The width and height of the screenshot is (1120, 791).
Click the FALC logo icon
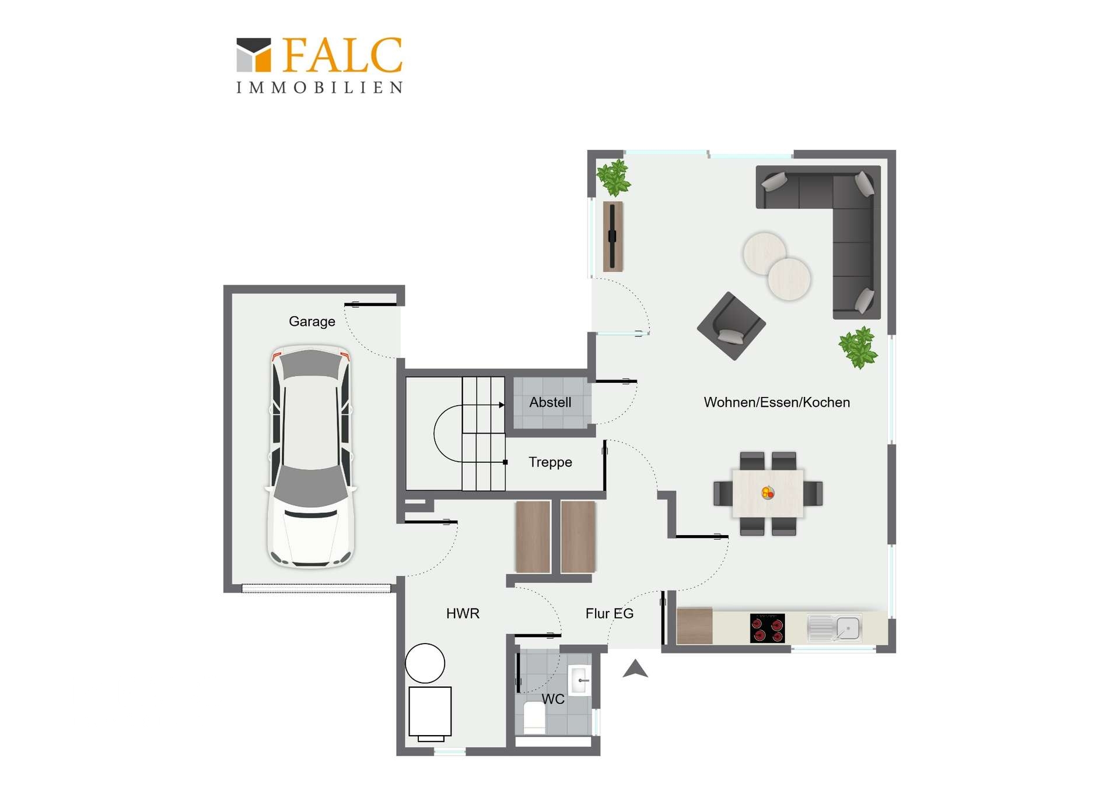pos(254,55)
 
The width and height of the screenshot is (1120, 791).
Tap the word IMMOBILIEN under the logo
pos(320,87)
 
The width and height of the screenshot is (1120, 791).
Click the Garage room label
pos(312,321)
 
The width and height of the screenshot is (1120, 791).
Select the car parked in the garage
pos(311,456)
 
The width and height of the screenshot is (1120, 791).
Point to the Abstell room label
pos(550,402)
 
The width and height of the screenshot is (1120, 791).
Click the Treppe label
pos(550,462)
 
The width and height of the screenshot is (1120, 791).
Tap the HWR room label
pos(463,613)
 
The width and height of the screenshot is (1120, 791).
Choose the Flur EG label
pos(610,613)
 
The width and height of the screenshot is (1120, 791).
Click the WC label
pos(553,699)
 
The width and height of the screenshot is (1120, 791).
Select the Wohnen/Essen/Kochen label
pos(777,402)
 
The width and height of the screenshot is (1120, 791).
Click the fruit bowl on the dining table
pos(768,493)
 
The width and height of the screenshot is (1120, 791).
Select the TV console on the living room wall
pos(612,237)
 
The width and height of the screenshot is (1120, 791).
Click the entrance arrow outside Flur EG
pos(635,669)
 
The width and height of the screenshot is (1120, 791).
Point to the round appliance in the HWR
pos(425,663)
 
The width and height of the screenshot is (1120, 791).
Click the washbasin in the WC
pos(580,680)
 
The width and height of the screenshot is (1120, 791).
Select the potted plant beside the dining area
pos(858,347)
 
